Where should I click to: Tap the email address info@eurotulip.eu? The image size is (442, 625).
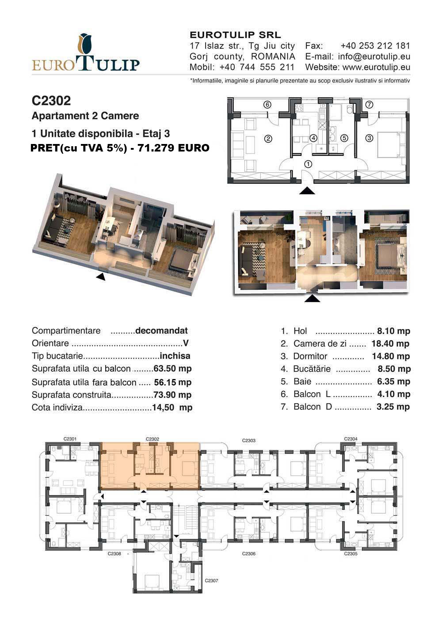(x=374, y=57)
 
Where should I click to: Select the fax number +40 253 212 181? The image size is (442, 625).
(x=375, y=45)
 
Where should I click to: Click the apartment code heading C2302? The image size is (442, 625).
(x=51, y=100)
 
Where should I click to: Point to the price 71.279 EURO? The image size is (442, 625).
(x=173, y=148)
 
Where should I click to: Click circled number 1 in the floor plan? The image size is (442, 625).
(x=308, y=164)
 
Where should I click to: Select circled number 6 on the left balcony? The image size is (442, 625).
(x=267, y=104)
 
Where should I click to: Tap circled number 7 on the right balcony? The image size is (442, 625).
(x=369, y=104)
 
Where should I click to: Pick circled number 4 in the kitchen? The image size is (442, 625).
(x=314, y=138)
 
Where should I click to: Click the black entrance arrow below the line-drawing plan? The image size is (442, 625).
(x=307, y=191)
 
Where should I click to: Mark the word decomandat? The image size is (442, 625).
(x=161, y=330)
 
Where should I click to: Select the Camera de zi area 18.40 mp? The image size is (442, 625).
(x=390, y=344)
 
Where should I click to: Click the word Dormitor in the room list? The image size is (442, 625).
(x=310, y=356)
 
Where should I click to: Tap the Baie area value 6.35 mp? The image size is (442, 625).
(x=393, y=382)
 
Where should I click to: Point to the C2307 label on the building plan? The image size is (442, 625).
(x=211, y=581)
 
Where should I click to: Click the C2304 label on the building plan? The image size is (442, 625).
(x=351, y=439)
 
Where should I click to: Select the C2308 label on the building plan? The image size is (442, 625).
(x=114, y=553)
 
